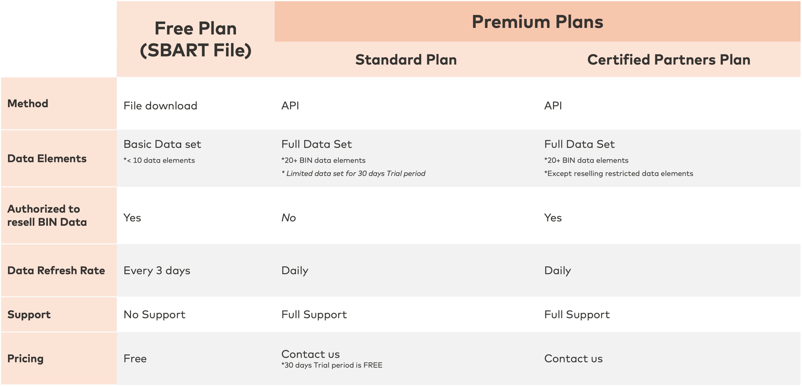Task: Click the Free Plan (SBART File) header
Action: pos(196,39)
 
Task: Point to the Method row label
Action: pos(28,103)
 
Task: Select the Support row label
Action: pos(29,314)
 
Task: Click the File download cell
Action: pos(160,106)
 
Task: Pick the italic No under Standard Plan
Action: pos(289,218)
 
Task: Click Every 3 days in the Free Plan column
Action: pos(157,271)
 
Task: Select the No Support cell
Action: pos(154,314)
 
